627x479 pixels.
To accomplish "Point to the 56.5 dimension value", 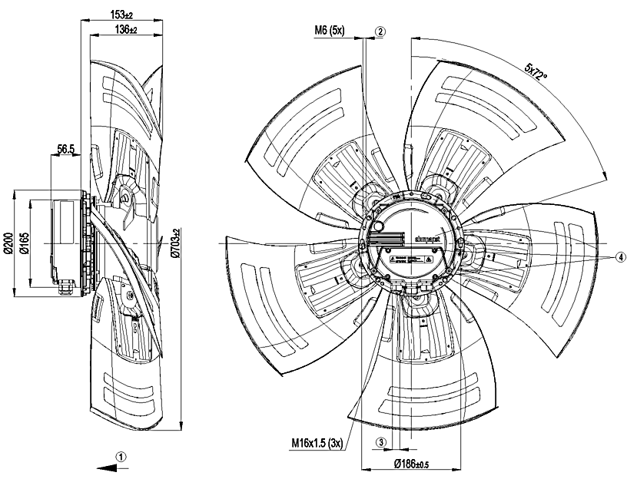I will click(x=65, y=149).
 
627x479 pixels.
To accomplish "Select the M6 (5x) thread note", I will click(x=330, y=31).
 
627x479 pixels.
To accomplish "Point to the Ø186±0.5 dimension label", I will click(x=413, y=463).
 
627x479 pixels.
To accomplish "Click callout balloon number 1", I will click(x=120, y=454).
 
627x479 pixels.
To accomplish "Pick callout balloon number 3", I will click(x=381, y=442).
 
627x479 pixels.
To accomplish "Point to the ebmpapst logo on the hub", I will click(x=424, y=240).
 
